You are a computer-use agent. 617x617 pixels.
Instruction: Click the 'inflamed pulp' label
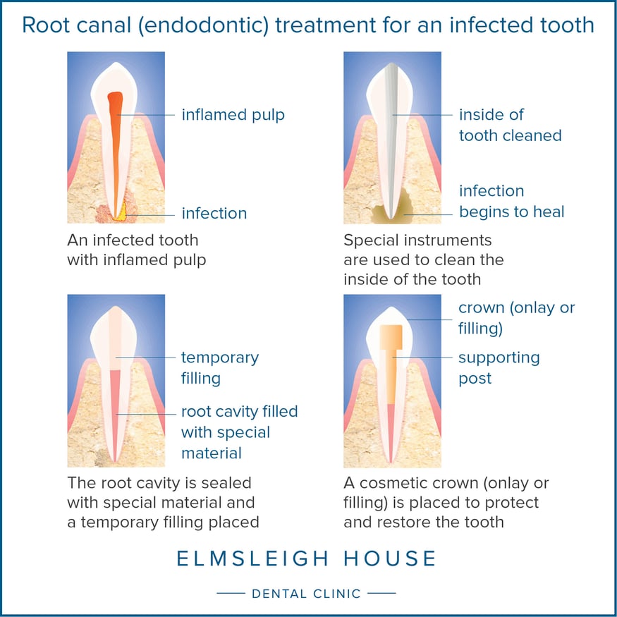pos(233,114)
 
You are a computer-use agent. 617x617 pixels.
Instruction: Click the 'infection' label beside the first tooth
pos(214,213)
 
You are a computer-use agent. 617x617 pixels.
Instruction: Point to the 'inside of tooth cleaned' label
pos(510,125)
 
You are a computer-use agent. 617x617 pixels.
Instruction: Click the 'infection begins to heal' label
pos(511,201)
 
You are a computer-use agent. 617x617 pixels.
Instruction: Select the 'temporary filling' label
pos(219,367)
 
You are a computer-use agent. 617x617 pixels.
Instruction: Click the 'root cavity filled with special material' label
pos(239,432)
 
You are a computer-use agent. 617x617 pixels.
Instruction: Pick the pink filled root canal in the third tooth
pos(115,409)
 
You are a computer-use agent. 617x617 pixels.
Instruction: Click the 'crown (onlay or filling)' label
pos(516,318)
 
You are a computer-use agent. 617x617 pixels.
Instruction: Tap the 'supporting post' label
pos(499,367)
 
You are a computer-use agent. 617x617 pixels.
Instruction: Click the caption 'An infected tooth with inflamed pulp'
pos(136,250)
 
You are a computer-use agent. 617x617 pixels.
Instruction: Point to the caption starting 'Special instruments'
pos(423,259)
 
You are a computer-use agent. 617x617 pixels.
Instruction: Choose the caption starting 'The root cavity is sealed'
pos(163,503)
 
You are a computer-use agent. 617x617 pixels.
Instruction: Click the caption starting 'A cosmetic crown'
pos(446,503)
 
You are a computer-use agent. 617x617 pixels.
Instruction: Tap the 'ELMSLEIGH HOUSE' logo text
pos(307,559)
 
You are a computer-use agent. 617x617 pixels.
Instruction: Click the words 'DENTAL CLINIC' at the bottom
pos(306,594)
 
